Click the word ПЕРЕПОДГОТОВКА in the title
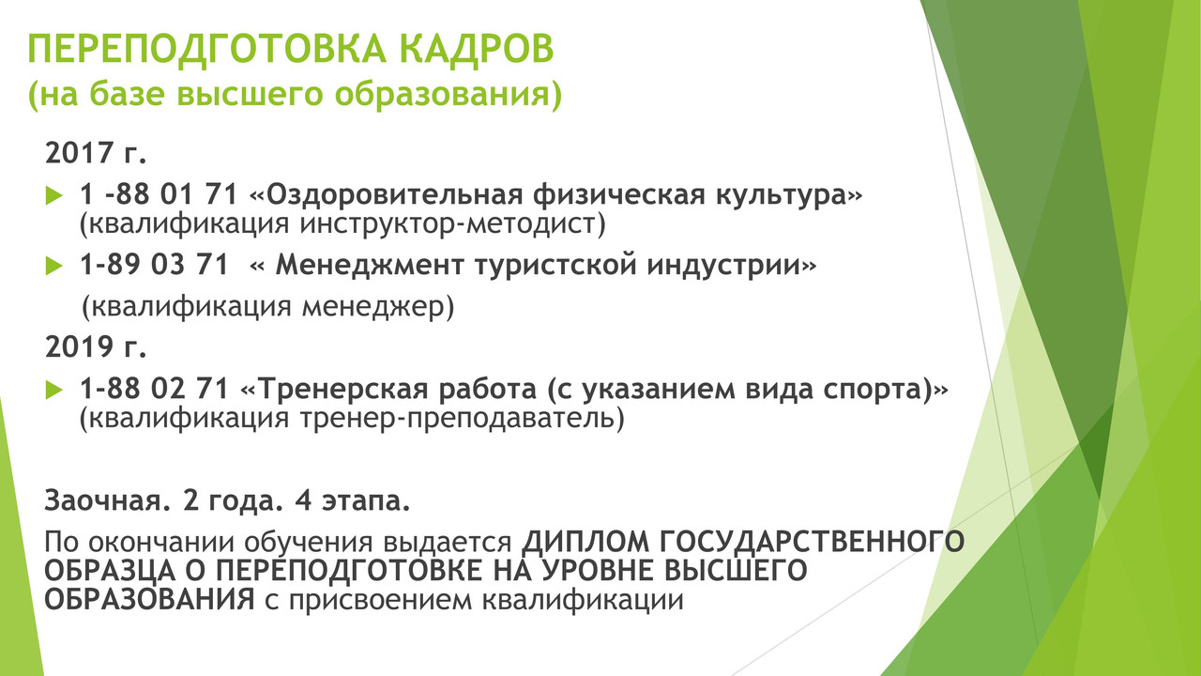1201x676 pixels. [206, 50]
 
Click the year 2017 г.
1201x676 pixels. [96, 152]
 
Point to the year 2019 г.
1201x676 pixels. [96, 346]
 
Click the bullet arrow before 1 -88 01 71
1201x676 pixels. [54, 195]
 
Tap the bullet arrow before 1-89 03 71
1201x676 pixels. [54, 266]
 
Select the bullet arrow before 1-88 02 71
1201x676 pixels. [54, 390]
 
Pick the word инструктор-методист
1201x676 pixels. [452, 224]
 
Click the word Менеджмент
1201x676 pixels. [370, 265]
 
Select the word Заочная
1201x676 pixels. [103, 500]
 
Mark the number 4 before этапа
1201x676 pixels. [303, 500]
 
